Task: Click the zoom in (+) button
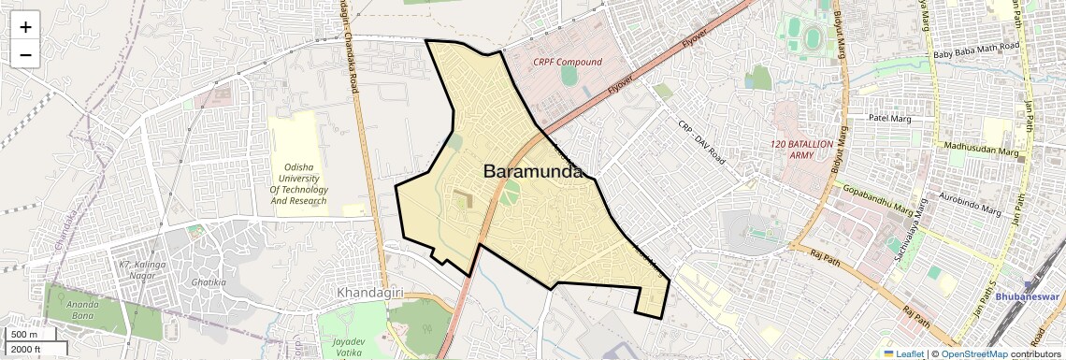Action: [x=25, y=27]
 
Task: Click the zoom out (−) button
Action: [x=25, y=55]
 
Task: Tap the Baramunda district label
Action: [x=533, y=172]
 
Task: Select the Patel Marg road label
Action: [x=889, y=119]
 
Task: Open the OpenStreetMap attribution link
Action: [x=973, y=354]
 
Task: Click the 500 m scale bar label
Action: [x=24, y=335]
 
